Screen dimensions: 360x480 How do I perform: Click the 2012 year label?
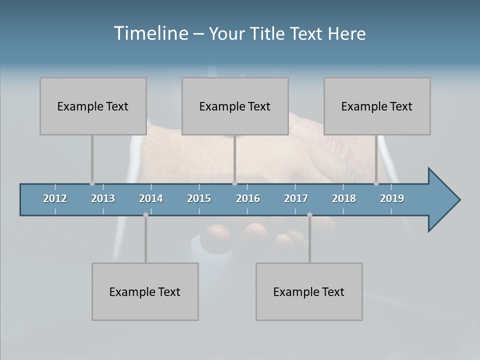click(x=55, y=198)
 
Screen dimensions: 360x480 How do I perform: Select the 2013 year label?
click(x=103, y=198)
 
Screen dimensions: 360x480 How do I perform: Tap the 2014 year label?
click(x=151, y=198)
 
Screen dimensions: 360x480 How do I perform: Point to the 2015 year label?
click(x=199, y=198)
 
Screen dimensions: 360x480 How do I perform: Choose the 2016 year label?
click(x=248, y=198)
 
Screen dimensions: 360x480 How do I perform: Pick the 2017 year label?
click(x=296, y=198)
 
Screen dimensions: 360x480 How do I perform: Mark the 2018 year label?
click(x=344, y=198)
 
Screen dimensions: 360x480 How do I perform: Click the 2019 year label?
click(x=392, y=198)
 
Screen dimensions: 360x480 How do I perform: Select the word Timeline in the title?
click(x=150, y=33)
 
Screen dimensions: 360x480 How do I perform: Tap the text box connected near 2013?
click(x=93, y=106)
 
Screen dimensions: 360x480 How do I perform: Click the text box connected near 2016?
click(x=235, y=106)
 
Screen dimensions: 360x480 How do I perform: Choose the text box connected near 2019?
click(x=377, y=106)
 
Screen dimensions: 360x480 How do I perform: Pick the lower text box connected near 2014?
click(x=145, y=291)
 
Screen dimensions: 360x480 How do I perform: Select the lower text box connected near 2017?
click(x=309, y=291)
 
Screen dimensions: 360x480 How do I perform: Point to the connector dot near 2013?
click(x=92, y=183)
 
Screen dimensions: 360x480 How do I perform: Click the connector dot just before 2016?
click(x=234, y=183)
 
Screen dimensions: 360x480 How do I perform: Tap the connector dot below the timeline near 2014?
click(x=145, y=214)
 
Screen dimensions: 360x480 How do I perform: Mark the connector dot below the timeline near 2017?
click(x=309, y=214)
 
